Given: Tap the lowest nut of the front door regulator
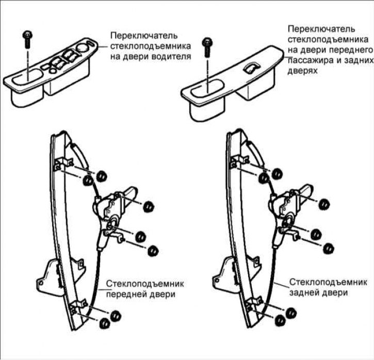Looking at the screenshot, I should [104, 323].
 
